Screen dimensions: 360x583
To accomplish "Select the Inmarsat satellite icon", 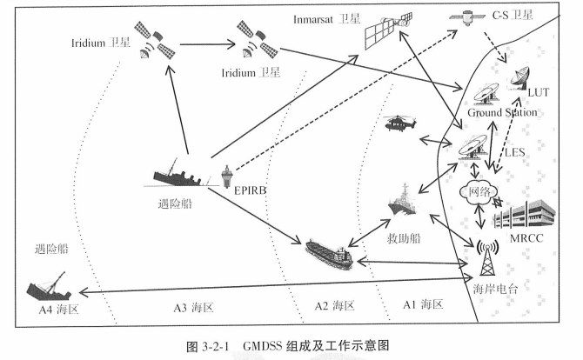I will [382, 32].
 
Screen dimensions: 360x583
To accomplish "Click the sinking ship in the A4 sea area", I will [44, 283].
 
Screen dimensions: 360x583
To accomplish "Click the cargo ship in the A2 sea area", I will [330, 253].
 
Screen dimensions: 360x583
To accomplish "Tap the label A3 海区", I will [193, 308].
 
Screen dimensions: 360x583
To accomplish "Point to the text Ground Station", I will [502, 113].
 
